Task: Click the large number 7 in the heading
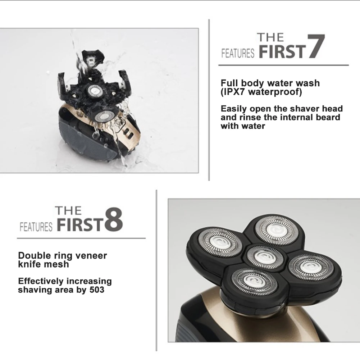click(316, 46)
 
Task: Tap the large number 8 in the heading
click(114, 219)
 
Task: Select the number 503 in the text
click(97, 290)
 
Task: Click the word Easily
click(234, 109)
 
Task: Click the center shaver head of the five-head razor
click(265, 256)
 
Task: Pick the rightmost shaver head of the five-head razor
click(310, 267)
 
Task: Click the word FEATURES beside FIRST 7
click(238, 53)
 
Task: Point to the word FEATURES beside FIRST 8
click(36, 227)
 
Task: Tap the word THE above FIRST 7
click(270, 37)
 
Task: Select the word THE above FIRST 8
click(68, 210)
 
